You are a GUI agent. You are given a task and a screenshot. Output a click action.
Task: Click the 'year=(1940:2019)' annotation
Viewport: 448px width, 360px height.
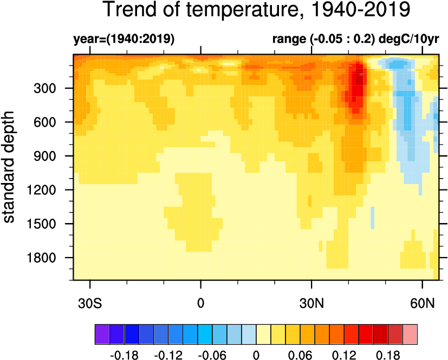pyautogui.click(x=124, y=39)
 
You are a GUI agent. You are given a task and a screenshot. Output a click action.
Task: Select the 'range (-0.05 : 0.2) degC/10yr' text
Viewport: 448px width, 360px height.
pyautogui.click(x=355, y=39)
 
